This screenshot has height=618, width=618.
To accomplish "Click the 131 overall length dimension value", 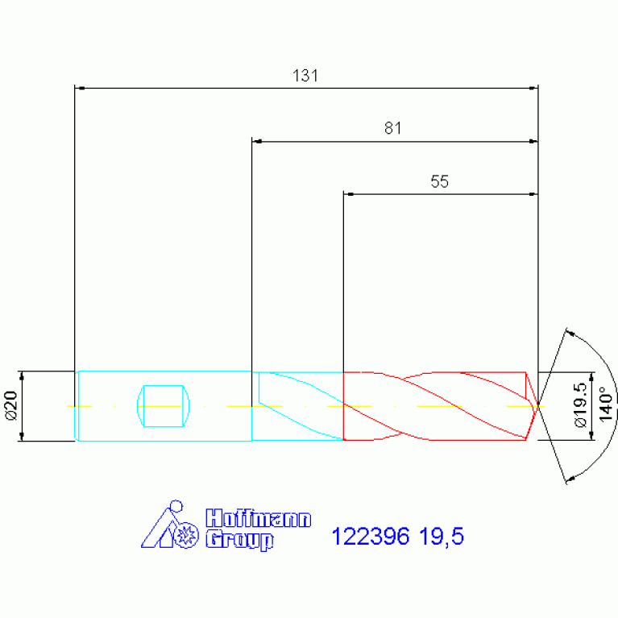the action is point(305,76).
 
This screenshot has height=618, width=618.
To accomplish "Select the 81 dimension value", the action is point(393,128).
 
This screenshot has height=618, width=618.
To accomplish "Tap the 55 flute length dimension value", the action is point(439,182).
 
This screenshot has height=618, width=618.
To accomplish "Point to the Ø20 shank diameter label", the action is point(11,405).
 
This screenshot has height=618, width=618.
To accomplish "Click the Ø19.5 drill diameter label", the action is point(581,405).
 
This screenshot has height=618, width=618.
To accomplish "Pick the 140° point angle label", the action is point(606,404).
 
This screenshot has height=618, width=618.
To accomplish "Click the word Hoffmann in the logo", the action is point(259,518).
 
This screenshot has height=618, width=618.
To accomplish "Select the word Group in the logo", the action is point(239,540).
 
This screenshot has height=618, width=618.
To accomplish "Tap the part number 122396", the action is point(371,537).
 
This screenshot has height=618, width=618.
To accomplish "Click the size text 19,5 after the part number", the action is point(442,537).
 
